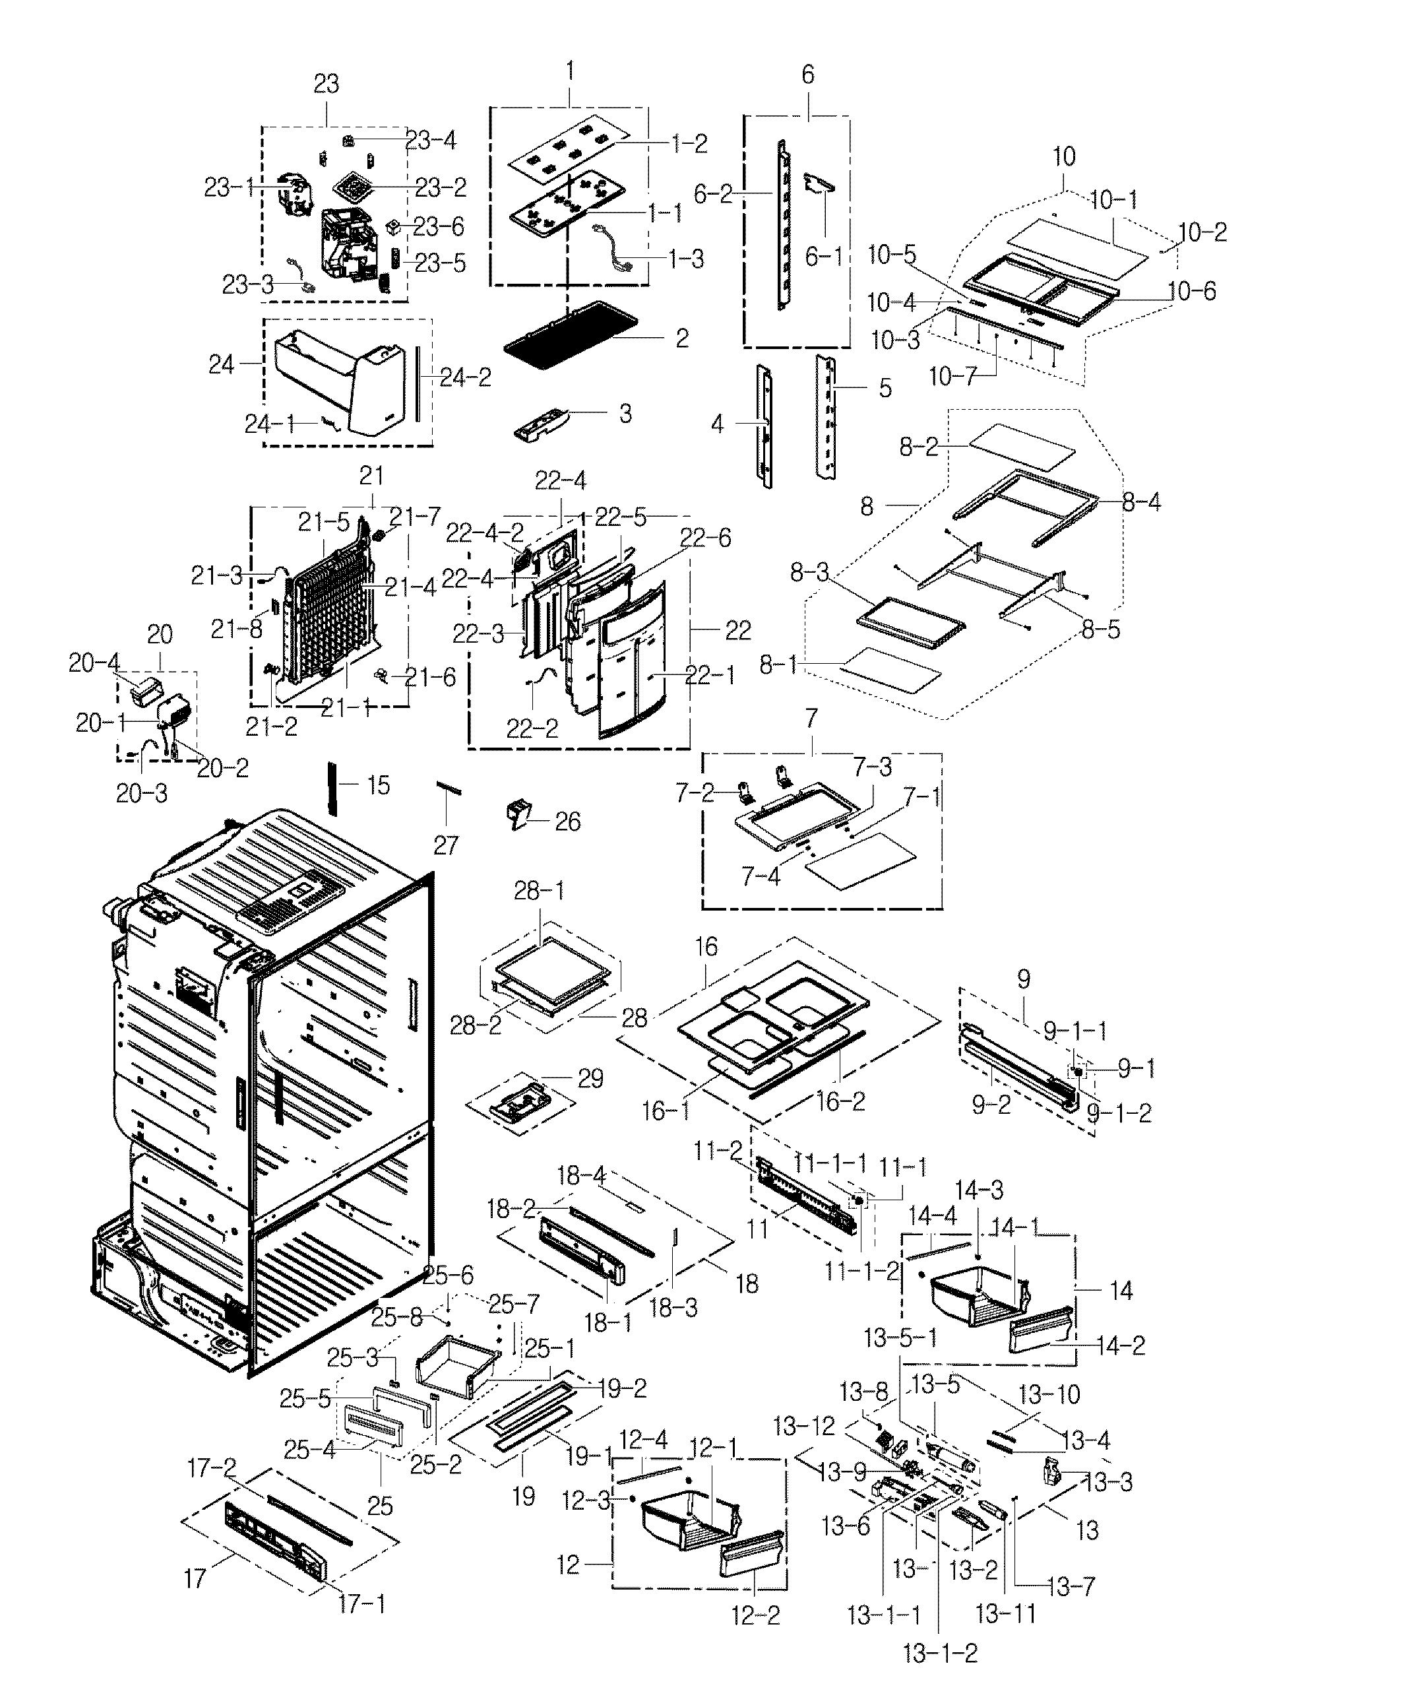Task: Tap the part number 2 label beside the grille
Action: (682, 338)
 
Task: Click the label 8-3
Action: (810, 572)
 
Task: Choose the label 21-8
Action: (236, 629)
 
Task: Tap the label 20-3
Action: (141, 794)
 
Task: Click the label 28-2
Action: (475, 1025)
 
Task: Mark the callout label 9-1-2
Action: (1119, 1113)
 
